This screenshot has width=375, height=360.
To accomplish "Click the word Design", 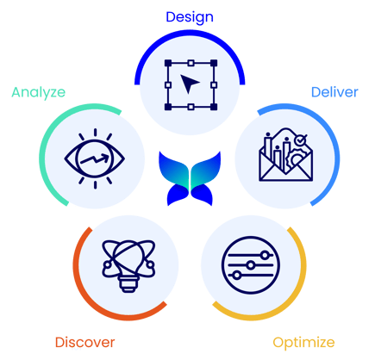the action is [190, 17].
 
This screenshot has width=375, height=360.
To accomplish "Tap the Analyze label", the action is [39, 93].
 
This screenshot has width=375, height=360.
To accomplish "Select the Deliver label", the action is [334, 92].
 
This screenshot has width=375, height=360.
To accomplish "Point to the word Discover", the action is [84, 342].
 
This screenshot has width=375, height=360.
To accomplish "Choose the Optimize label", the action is [303, 343].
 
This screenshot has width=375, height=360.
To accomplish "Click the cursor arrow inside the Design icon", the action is [190, 84].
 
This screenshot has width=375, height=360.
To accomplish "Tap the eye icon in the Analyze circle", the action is [95, 158].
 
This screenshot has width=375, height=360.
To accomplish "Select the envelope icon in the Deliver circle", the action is [286, 155].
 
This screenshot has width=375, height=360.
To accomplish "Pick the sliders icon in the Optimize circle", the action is [251, 265].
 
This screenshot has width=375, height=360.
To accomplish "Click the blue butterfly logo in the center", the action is [190, 178].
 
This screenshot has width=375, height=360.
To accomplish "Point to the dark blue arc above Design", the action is [190, 32].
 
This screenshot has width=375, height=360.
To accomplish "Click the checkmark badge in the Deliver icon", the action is [300, 140].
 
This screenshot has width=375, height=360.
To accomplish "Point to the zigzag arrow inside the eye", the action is [95, 158].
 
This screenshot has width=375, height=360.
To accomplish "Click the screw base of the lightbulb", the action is [128, 285].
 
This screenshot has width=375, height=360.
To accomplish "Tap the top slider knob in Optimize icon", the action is [265, 255].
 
